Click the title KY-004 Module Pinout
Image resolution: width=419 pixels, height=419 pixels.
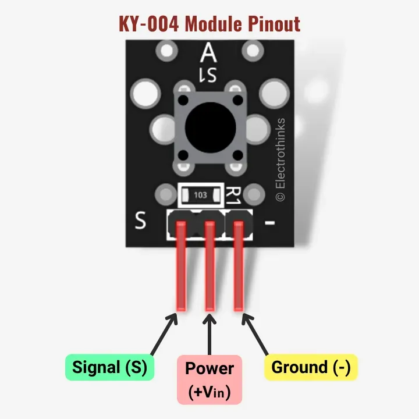click(x=210, y=24)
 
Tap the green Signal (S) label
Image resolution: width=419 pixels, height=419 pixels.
click(x=109, y=368)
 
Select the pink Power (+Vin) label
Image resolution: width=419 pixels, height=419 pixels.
click(x=209, y=379)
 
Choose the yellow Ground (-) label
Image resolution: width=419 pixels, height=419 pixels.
click(x=311, y=368)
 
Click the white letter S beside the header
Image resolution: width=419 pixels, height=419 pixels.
click(x=140, y=222)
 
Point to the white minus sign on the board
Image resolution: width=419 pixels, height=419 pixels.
click(x=269, y=222)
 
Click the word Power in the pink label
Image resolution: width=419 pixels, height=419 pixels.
click(x=209, y=368)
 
